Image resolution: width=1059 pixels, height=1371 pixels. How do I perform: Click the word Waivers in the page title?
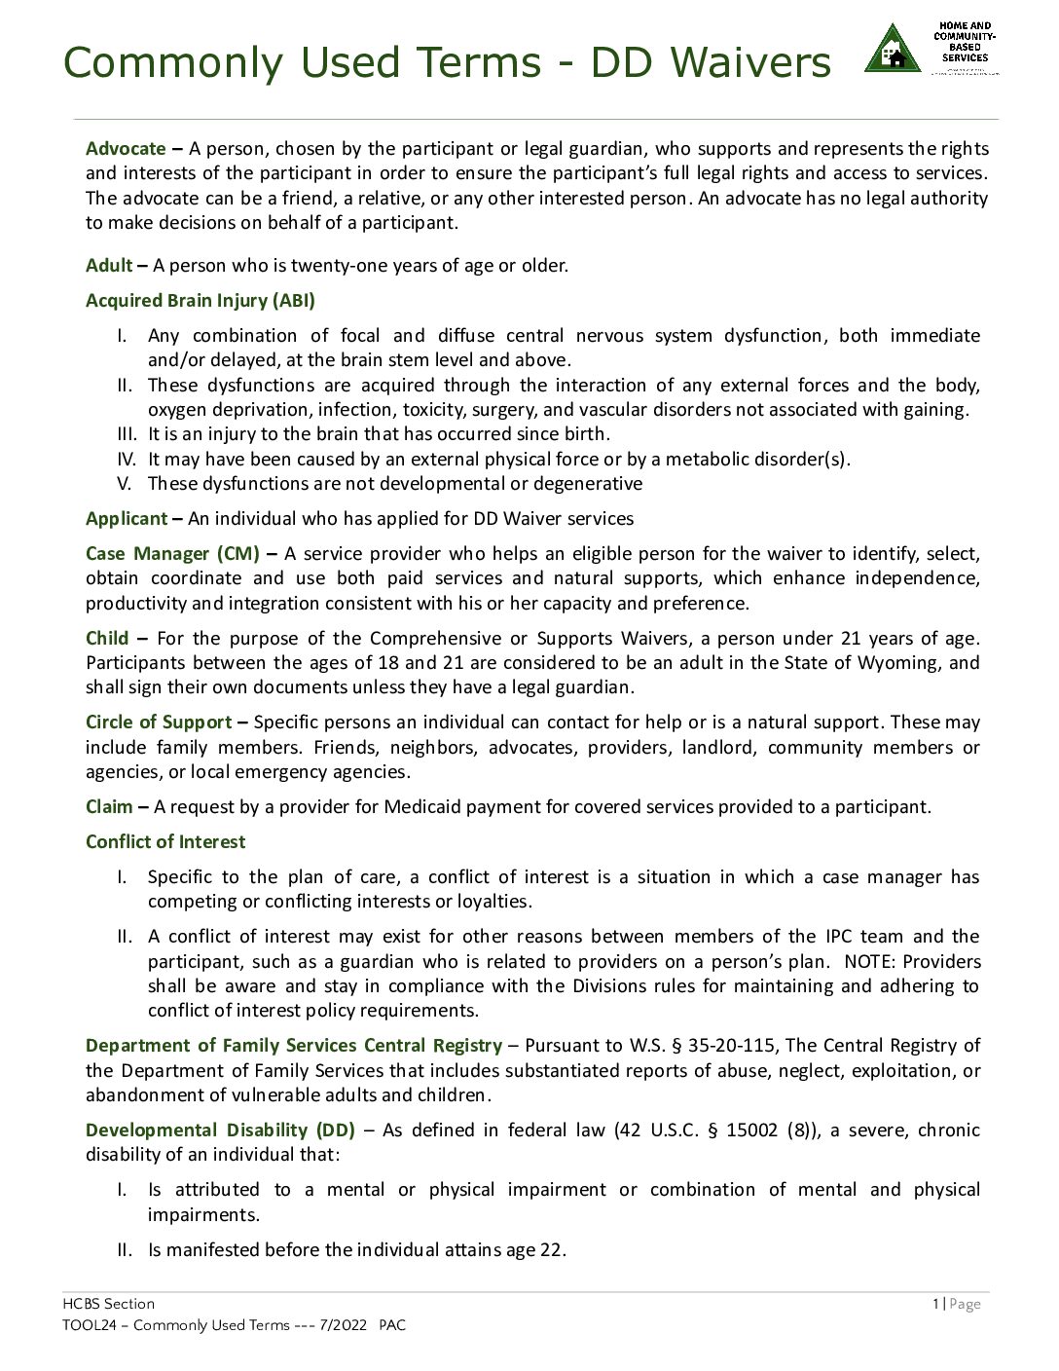pos(750,62)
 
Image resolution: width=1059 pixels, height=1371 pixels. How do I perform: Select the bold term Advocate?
pos(126,149)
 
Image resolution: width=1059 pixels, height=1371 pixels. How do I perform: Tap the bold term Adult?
pos(109,266)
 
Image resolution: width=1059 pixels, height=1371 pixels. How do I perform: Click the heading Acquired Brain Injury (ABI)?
pos(201,301)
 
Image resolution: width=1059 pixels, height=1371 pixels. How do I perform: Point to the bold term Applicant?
pos(127,519)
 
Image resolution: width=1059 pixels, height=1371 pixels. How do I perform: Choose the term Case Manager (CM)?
pos(172,554)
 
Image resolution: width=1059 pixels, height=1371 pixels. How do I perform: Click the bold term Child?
pos(107,639)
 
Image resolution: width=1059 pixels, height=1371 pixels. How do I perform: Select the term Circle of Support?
pos(159,723)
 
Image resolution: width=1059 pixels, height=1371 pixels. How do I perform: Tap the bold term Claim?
pos(109,807)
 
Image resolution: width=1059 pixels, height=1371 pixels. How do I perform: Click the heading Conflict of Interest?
pos(165,842)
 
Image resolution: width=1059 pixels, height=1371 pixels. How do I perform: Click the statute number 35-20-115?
pos(731,1046)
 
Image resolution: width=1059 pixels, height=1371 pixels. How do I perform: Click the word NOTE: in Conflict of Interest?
pos(870,962)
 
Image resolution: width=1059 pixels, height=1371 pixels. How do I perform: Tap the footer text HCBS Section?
pos(108,1304)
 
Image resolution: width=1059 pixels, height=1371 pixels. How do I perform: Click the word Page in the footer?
pos(965,1304)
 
